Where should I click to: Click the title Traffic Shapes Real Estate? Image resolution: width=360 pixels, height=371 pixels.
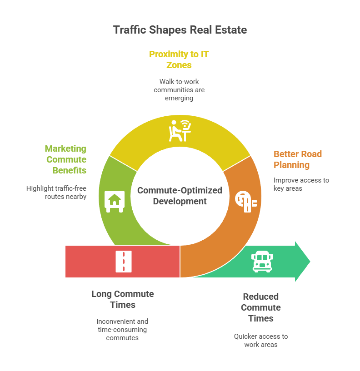tap(180, 30)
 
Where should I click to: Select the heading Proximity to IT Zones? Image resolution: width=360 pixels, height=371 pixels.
tap(179, 59)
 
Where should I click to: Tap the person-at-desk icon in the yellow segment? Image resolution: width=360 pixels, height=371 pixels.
tap(180, 131)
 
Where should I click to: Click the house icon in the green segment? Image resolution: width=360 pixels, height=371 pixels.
tap(115, 201)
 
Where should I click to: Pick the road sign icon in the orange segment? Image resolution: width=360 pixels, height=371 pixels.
tap(246, 201)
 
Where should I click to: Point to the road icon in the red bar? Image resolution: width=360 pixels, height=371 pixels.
tap(124, 262)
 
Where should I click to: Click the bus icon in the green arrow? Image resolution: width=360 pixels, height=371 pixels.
tap(262, 262)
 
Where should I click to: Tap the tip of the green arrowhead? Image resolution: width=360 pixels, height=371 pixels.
tap(310, 262)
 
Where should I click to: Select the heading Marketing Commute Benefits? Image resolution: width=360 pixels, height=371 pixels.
tap(65, 159)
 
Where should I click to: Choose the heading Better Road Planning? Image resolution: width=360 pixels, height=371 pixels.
tap(298, 159)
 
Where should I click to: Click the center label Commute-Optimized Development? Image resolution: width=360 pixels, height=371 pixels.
tap(180, 196)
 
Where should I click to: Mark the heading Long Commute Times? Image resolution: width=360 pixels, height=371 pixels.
tap(123, 299)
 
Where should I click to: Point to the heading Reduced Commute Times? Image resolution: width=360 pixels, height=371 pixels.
tap(261, 307)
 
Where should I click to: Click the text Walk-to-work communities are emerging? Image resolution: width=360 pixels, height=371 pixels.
tap(179, 90)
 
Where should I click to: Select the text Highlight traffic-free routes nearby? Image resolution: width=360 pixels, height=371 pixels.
tap(56, 193)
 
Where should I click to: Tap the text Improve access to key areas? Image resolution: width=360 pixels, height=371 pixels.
tap(301, 184)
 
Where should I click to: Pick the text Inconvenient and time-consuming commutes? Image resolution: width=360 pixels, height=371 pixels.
tap(122, 330)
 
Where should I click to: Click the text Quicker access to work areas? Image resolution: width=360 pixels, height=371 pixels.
tap(261, 341)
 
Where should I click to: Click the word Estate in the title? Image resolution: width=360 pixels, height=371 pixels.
tap(231, 30)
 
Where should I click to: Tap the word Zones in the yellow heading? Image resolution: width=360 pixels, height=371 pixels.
tap(179, 65)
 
